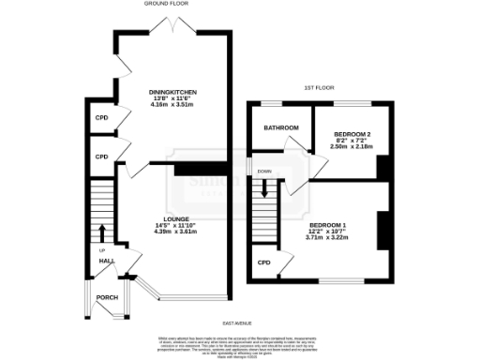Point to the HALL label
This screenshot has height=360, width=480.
[108, 261]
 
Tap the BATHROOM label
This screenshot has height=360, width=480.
[280, 127]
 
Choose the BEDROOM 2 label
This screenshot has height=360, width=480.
[352, 135]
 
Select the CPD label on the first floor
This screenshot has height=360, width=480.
[264, 262]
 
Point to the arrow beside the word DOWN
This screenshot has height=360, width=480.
[265, 187]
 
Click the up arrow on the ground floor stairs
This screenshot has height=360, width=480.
[101, 232]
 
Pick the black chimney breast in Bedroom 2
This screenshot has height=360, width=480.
[382, 167]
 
